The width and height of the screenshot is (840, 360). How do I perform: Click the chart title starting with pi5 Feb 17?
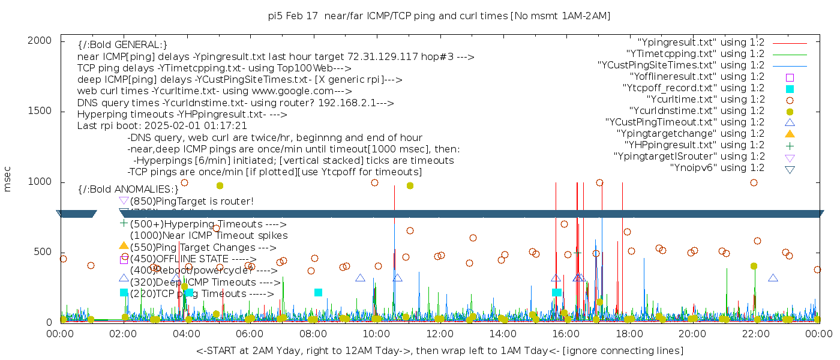click(x=439, y=16)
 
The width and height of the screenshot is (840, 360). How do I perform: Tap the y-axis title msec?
click(x=8, y=181)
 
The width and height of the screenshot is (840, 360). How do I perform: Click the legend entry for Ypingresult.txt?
click(x=701, y=42)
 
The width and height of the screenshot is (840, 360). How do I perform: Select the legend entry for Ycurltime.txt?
click(x=705, y=99)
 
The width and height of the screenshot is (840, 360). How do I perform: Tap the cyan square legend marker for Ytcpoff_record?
click(x=790, y=88)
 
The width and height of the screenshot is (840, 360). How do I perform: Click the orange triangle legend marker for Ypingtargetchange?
click(x=790, y=133)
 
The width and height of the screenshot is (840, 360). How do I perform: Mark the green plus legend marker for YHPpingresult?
click(x=790, y=145)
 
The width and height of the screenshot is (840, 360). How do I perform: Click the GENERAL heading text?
click(x=122, y=45)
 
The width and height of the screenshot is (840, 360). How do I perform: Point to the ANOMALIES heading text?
click(x=128, y=190)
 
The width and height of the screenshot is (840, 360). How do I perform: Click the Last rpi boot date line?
click(x=162, y=126)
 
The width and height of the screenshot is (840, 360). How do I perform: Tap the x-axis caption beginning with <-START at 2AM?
click(x=439, y=350)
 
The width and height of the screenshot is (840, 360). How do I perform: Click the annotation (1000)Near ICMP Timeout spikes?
click(x=209, y=236)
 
